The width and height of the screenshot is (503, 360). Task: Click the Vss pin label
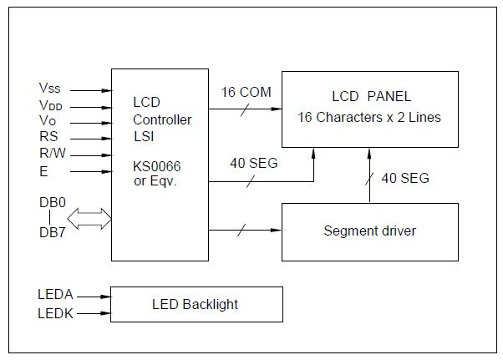(49, 88)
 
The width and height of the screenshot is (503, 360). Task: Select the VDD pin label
(50, 105)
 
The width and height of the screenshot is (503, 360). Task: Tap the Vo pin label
(48, 122)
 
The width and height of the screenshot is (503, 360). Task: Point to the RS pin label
(48, 138)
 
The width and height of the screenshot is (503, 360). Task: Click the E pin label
(43, 171)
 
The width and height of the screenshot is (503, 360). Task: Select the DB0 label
(52, 203)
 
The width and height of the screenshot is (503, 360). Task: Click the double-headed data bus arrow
(89, 220)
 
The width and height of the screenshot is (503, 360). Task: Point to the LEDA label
(55, 295)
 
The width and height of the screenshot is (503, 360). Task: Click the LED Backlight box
(196, 304)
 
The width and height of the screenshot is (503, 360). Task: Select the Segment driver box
(370, 231)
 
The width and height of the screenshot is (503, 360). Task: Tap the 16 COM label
(246, 92)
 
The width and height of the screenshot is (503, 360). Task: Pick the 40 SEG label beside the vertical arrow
(405, 178)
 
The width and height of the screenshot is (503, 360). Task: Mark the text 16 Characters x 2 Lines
(369, 118)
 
